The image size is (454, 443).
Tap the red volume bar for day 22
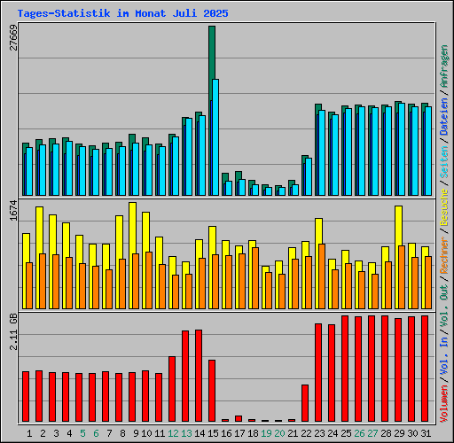pyautogui.click(x=305, y=403)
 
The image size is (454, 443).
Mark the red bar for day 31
pyautogui.click(x=425, y=369)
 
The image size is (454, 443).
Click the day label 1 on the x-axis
pyautogui.click(x=29, y=433)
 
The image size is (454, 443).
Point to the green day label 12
pyautogui.click(x=173, y=433)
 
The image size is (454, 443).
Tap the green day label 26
pyautogui.click(x=359, y=433)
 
